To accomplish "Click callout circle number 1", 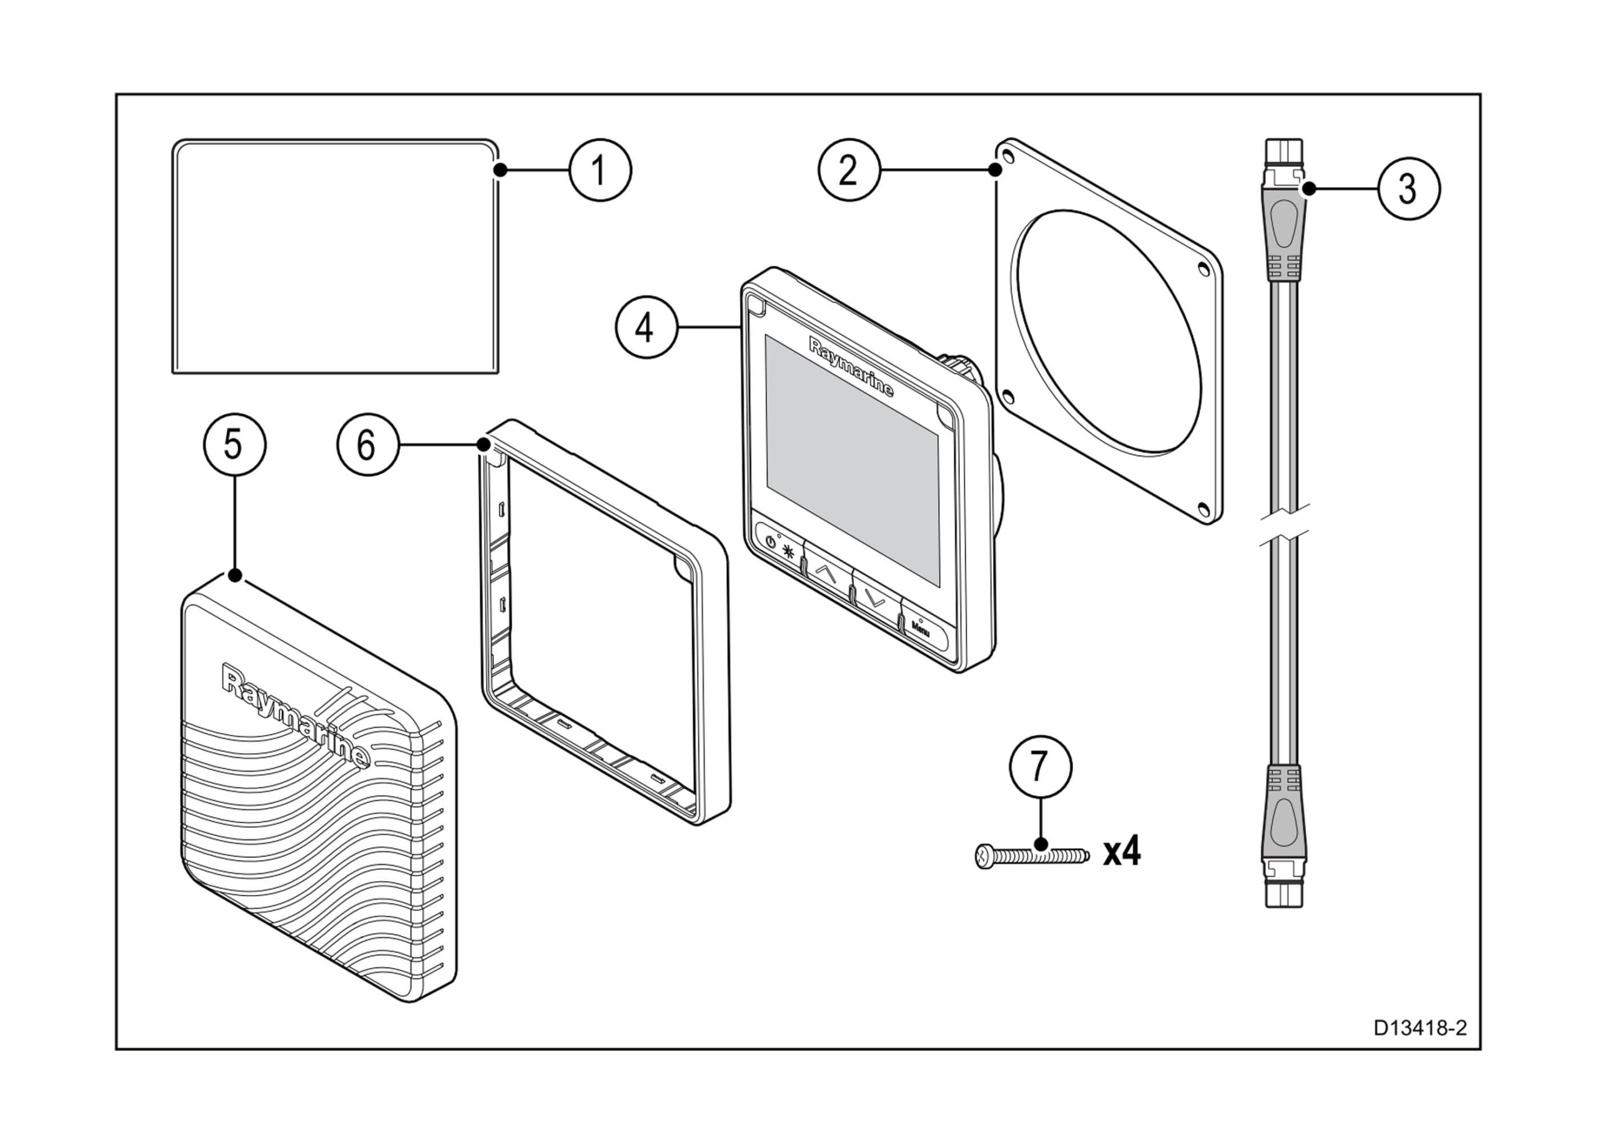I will (600, 171).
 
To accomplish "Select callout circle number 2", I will (848, 169).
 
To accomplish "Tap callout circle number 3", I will (1408, 189).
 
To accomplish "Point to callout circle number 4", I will (646, 327).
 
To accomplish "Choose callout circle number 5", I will (234, 445).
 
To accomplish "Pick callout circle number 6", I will (367, 445).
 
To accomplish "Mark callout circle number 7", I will (1041, 767).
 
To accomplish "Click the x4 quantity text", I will (1121, 852).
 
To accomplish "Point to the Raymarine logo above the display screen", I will (851, 367).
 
